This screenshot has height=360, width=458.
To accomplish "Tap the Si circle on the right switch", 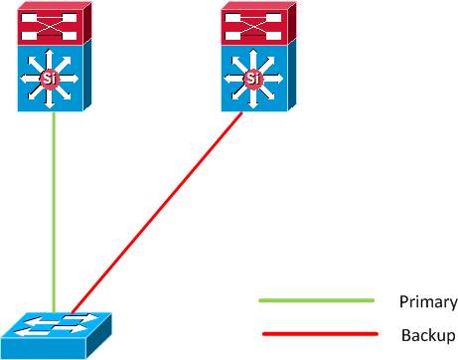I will [253, 77].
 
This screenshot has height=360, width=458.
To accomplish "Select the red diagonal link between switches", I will [159, 209].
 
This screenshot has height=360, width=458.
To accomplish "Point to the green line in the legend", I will [315, 299].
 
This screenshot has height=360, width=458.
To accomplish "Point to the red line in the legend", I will [319, 334].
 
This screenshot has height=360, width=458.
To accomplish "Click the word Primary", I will [427, 302].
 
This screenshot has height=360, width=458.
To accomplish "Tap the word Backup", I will [428, 335].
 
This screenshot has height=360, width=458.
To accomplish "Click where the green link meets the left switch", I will [53, 112].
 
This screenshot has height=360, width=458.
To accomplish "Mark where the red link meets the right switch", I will [242, 112].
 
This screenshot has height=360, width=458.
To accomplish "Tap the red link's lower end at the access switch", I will [73, 310].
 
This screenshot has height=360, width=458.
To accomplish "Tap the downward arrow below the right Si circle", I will [253, 97].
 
